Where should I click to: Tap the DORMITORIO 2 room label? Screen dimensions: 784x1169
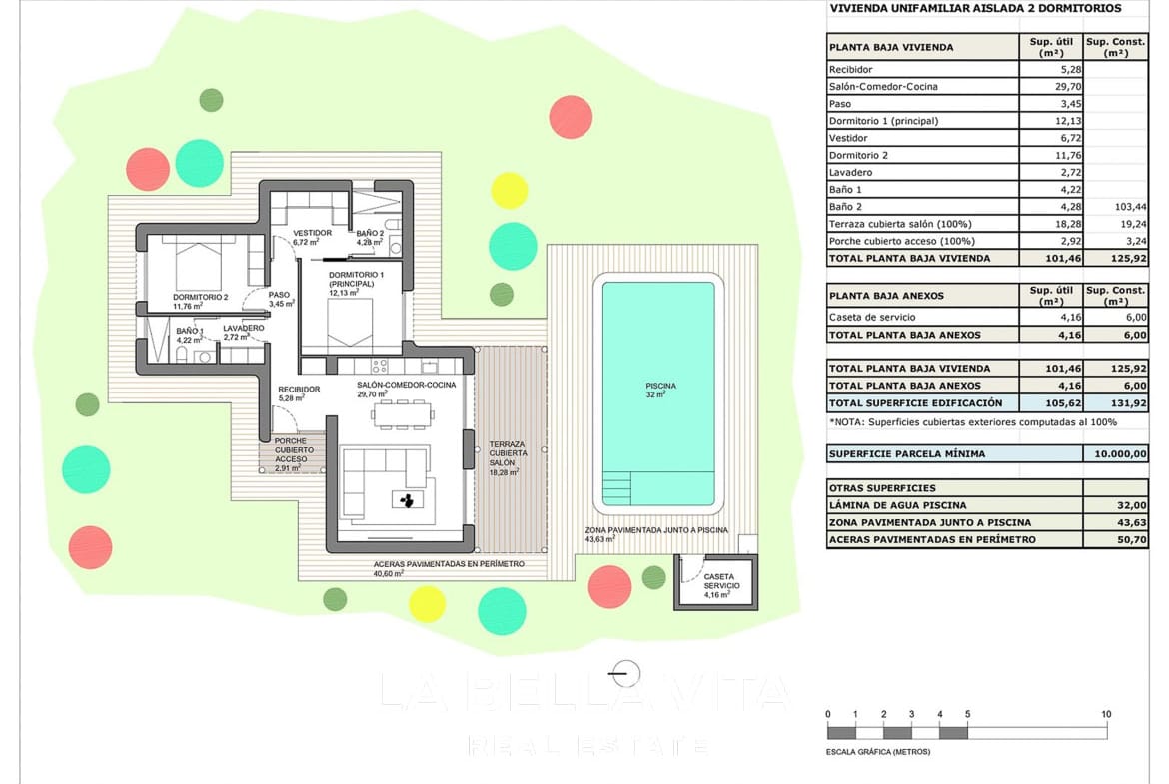coord(200,297)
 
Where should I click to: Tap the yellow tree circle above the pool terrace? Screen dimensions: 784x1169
coord(509,190)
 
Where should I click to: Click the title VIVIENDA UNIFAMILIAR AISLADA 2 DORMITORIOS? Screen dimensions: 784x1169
coord(975,9)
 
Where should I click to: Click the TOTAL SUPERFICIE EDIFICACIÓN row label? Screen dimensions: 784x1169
coord(914,403)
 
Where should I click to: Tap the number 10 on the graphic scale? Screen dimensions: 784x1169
coord(1106,715)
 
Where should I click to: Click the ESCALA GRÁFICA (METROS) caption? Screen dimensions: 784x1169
coord(878,751)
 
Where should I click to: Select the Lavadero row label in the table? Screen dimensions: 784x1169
coord(850,173)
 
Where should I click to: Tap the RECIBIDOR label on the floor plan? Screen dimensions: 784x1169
coord(299,390)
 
